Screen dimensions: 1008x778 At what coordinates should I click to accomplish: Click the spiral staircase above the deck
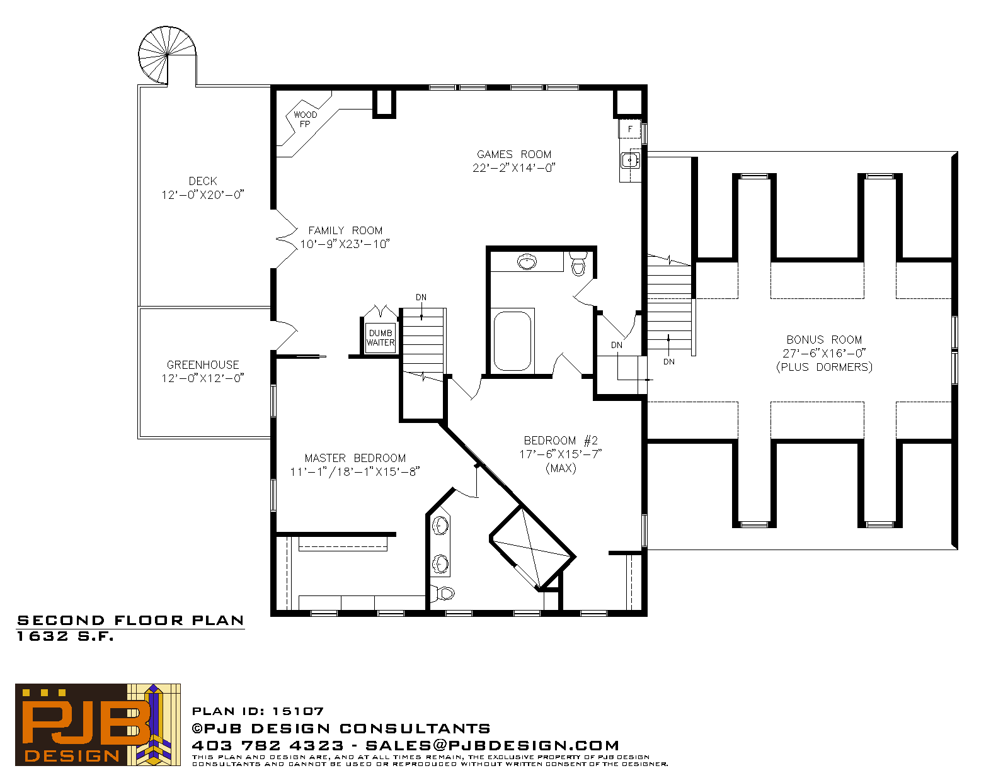[167, 55]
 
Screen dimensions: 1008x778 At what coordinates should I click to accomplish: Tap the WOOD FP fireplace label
[305, 119]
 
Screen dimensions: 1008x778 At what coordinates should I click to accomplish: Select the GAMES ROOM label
[514, 154]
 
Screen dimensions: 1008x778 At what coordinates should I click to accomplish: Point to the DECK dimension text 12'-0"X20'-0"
[203, 194]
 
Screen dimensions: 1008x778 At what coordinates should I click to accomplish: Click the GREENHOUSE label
[203, 364]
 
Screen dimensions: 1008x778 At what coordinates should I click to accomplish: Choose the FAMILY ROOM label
[346, 230]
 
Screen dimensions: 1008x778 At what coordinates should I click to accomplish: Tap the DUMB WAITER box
[381, 337]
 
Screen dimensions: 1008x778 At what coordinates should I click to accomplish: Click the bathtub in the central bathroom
[512, 341]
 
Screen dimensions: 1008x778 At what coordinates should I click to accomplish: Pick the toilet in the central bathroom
[578, 263]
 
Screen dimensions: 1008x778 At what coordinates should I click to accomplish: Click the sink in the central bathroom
[527, 261]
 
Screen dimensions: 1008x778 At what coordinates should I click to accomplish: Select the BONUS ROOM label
[824, 340]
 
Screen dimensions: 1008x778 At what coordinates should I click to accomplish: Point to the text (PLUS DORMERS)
[824, 367]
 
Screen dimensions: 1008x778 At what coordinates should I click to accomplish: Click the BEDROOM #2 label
[561, 440]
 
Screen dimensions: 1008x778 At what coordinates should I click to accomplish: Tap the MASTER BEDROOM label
[355, 458]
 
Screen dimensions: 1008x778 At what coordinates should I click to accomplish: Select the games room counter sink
[631, 161]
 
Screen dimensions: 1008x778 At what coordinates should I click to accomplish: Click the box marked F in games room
[629, 129]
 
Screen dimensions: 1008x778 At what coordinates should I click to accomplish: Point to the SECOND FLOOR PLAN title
[131, 621]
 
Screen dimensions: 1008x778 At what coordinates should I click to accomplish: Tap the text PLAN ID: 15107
[258, 711]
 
